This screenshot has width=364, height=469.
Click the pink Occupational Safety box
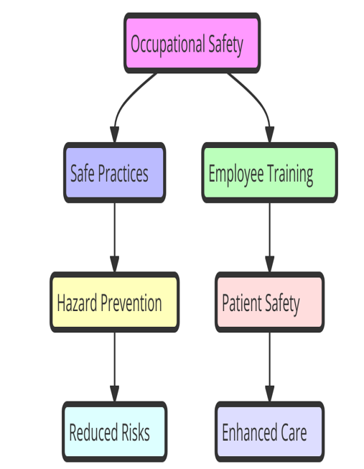192,43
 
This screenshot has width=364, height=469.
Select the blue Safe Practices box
114,173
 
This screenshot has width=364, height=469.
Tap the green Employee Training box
270,173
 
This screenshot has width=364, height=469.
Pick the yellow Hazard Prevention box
115,302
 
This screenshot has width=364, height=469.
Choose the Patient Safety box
270,302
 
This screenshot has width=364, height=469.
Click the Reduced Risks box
115,432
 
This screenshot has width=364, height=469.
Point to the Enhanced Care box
270,432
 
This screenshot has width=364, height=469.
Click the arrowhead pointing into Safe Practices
114,134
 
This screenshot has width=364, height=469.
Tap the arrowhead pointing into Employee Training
270,134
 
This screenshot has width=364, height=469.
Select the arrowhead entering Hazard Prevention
115,264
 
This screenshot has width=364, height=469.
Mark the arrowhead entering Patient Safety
270,264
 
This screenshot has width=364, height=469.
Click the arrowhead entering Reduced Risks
115,394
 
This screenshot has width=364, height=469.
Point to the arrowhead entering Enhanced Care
270,394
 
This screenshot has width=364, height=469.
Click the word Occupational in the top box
168,45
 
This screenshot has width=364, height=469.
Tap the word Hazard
77,302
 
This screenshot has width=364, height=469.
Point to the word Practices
123,173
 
